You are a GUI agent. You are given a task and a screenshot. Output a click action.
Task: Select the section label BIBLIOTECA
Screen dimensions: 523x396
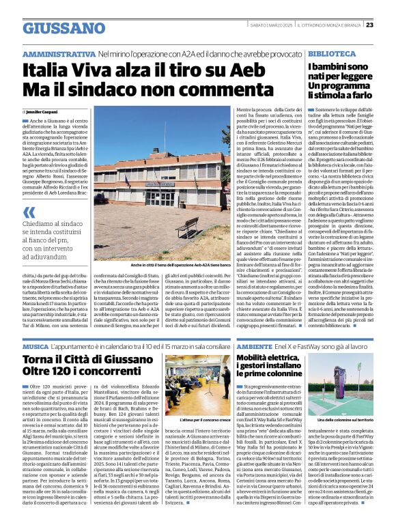click(330, 53)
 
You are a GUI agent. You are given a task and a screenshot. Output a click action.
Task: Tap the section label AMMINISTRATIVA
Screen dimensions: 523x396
click(59, 53)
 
